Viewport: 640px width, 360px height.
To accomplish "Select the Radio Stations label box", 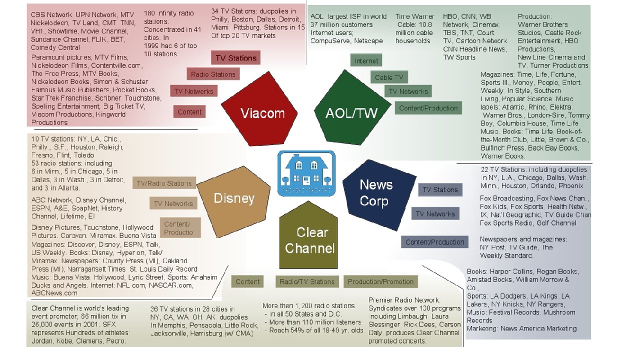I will click(x=213, y=74).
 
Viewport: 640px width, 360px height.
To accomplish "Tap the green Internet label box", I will click(x=366, y=61).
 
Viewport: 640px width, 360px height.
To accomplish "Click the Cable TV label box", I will click(x=389, y=77).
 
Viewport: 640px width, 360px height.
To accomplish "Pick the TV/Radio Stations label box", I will click(x=164, y=183).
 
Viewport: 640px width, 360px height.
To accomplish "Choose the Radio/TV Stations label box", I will click(x=306, y=281).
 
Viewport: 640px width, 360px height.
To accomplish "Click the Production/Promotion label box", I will click(x=380, y=281).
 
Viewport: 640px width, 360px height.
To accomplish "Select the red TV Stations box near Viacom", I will click(x=235, y=58).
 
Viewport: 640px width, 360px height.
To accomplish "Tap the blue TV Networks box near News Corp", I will click(x=434, y=214).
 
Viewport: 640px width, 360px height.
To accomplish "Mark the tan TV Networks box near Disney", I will click(x=173, y=203).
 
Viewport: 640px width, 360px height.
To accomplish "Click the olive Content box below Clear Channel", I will click(x=247, y=281).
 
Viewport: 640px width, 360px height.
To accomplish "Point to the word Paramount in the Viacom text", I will click(x=48, y=57).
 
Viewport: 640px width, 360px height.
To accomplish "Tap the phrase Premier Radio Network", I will click(x=404, y=300).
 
